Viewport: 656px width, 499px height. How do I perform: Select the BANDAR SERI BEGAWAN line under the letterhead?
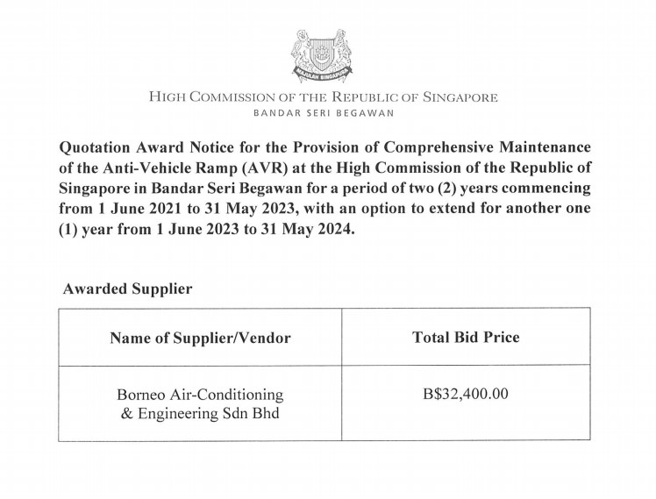[324, 113]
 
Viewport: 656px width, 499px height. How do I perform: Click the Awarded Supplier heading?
[127, 288]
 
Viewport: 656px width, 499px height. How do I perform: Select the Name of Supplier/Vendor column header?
[200, 337]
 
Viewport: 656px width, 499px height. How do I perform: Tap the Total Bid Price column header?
[466, 337]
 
